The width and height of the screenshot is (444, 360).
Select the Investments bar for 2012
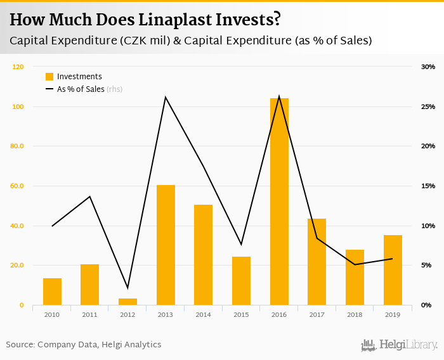coord(127,302)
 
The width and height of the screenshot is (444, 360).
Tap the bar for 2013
coord(166,245)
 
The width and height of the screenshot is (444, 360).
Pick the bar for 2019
coord(393,270)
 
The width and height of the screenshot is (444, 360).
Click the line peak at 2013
coord(166,97)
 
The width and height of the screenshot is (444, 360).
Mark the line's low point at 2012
coord(127,288)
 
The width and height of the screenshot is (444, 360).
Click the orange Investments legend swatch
coord(49,77)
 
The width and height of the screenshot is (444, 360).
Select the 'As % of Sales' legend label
coord(81,89)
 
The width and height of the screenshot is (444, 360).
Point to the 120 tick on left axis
coord(18,67)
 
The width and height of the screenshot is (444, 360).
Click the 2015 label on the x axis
coord(241,314)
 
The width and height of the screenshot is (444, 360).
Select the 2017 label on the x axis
coord(317,314)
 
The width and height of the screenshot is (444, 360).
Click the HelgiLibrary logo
coord(400,345)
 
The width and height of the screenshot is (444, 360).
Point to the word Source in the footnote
coord(20,345)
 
